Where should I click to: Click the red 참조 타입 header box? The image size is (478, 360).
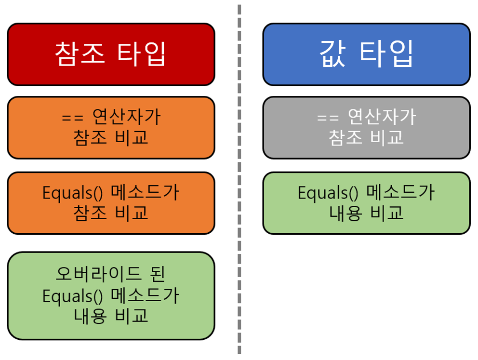[x=111, y=54]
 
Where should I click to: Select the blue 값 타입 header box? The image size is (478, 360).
[x=366, y=54]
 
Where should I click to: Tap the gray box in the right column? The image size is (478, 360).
[x=366, y=128]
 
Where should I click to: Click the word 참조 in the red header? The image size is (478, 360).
[x=80, y=54]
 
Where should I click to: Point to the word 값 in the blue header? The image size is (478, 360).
[x=333, y=54]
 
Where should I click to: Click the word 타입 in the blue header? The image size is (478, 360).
[x=386, y=54]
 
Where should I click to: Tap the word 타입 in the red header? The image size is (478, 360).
[x=141, y=54]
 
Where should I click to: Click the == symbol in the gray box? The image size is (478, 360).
[x=328, y=118]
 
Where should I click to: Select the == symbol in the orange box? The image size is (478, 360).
[x=73, y=118]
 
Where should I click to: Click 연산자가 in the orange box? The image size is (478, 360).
[x=126, y=117]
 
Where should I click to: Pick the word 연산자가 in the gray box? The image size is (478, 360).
[x=382, y=117]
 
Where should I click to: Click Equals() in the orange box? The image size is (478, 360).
[x=73, y=193]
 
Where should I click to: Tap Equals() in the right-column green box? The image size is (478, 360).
[x=328, y=193]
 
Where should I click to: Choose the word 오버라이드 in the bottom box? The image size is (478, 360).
[x=98, y=273]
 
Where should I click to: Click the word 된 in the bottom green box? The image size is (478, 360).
[x=158, y=273]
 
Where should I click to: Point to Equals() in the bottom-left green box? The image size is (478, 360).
[x=73, y=296]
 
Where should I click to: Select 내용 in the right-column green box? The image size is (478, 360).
[x=345, y=213]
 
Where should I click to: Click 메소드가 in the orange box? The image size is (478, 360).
[x=145, y=192]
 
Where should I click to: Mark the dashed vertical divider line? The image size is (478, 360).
[x=239, y=180]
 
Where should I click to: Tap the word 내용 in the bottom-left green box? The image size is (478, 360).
[x=90, y=316]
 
